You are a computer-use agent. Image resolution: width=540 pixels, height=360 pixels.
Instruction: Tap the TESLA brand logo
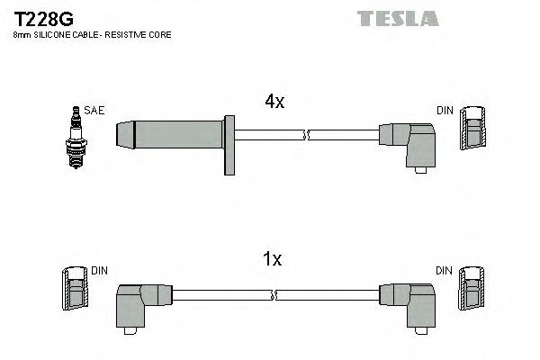[397, 18]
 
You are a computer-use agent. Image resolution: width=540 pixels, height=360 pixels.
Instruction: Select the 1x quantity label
[271, 260]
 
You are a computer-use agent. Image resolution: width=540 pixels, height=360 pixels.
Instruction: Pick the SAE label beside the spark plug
[94, 111]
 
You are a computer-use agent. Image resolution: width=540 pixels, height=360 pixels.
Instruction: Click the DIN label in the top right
[445, 111]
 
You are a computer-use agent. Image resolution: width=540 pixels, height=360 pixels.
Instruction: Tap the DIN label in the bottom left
[99, 270]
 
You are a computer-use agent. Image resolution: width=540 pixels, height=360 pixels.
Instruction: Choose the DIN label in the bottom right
[445, 270]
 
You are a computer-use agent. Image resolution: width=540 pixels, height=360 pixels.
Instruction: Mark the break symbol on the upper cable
[308, 135]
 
